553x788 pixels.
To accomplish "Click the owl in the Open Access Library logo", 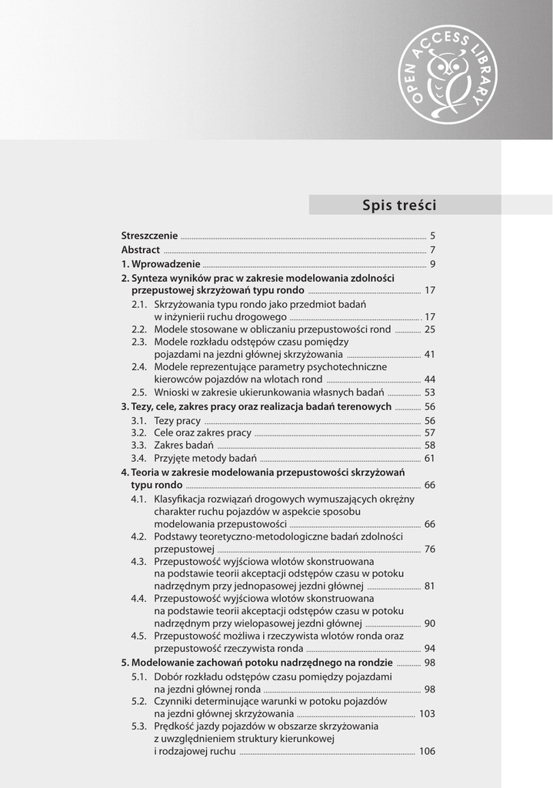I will click(x=445, y=75).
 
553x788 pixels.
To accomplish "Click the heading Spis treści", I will click(x=398, y=205).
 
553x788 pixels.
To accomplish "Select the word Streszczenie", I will click(x=149, y=235).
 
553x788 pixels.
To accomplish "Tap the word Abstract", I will click(x=141, y=250).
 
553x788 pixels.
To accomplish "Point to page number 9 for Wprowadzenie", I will click(x=433, y=265).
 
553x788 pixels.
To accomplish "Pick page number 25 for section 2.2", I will click(x=430, y=329).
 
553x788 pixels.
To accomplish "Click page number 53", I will click(x=430, y=392).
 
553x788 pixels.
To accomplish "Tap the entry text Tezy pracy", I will click(x=177, y=421).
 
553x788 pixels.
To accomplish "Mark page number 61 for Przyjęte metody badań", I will click(x=430, y=459).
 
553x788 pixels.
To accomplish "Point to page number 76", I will click(x=430, y=549).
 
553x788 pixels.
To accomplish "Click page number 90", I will click(x=430, y=623).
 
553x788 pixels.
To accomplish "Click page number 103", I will click(x=427, y=714).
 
